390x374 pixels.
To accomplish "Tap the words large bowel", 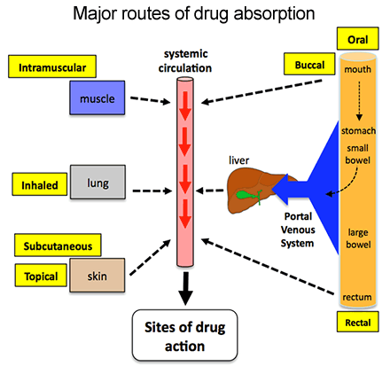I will [359, 238].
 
